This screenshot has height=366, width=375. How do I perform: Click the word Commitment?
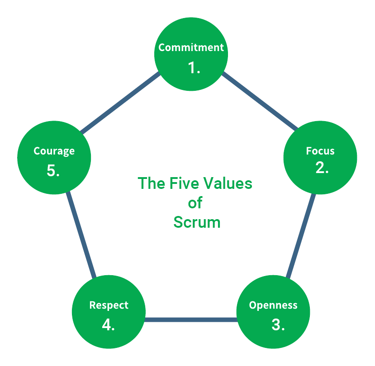click(x=191, y=47)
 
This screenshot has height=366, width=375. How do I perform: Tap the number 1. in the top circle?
click(x=194, y=68)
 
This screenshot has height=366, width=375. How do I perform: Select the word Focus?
click(x=320, y=150)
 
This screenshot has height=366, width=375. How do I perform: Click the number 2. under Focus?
click(x=322, y=168)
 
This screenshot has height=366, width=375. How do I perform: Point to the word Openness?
click(x=273, y=305)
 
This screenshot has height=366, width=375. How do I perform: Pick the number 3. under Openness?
click(x=278, y=324)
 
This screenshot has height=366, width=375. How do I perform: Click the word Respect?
click(x=109, y=305)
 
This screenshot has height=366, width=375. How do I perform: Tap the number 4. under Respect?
click(x=108, y=324)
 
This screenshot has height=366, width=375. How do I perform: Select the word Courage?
click(x=54, y=151)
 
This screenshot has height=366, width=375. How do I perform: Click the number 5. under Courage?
click(x=53, y=171)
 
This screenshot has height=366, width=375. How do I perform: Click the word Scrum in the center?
click(x=197, y=222)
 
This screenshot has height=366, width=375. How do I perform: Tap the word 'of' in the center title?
click(x=195, y=203)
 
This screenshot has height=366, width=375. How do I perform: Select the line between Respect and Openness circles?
click(x=190, y=319)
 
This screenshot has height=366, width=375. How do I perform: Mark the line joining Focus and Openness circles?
click(x=301, y=235)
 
